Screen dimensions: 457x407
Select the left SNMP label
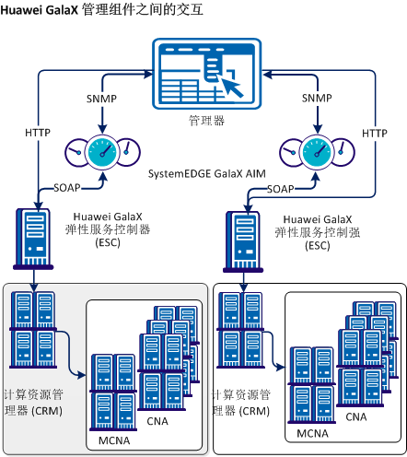click(x=100, y=99)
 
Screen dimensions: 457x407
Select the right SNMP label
click(x=317, y=99)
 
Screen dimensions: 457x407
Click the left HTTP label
click(x=38, y=134)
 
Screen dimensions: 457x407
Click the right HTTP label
click(x=375, y=134)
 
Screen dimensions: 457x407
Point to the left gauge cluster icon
click(x=101, y=150)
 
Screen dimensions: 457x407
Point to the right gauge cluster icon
click(x=317, y=150)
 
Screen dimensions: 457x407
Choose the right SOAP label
click(x=280, y=189)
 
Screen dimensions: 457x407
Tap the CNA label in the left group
click(x=157, y=421)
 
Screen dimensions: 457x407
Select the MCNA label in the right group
click(x=314, y=432)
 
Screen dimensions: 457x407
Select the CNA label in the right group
click(x=356, y=416)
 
